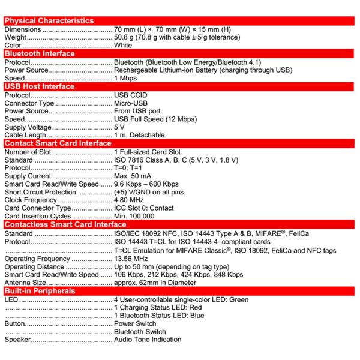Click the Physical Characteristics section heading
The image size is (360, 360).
point(49,21)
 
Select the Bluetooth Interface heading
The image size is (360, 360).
point(40,53)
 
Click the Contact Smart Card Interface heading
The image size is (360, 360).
point(58,143)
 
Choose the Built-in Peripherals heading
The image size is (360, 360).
point(40,291)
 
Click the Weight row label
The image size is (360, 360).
point(16,37)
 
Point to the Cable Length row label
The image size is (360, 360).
point(26,136)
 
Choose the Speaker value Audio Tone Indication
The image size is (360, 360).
point(148,340)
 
